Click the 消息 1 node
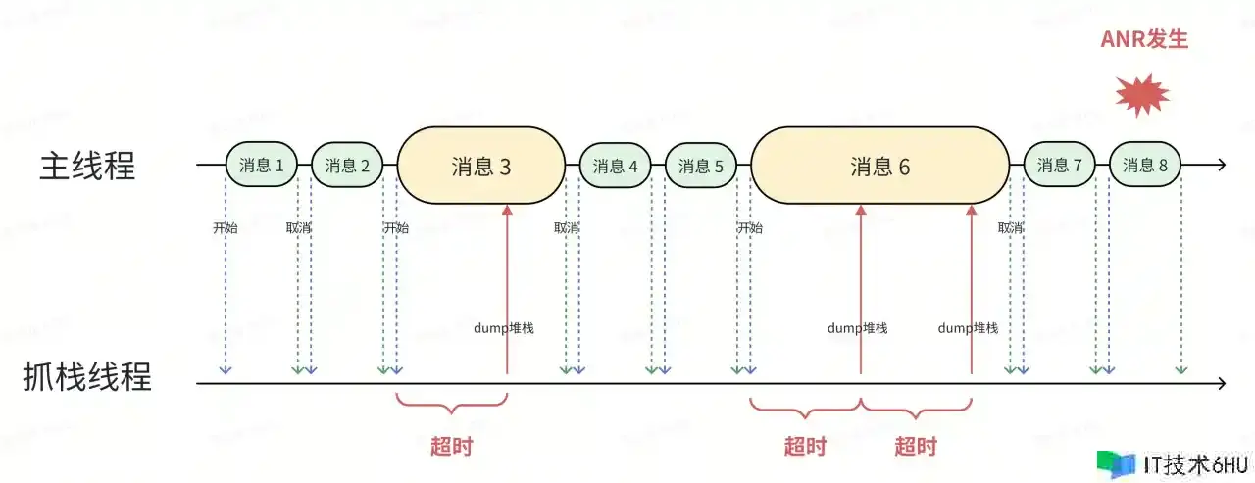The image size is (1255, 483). pyautogui.click(x=262, y=166)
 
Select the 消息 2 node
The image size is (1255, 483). pyautogui.click(x=347, y=166)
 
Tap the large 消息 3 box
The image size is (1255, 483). pyautogui.click(x=481, y=166)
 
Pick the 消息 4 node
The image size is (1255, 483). pyautogui.click(x=616, y=166)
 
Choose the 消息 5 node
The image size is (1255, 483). pyautogui.click(x=701, y=166)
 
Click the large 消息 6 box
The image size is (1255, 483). pyautogui.click(x=880, y=166)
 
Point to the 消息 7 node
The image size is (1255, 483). pyautogui.click(x=1060, y=166)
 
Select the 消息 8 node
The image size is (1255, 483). pyautogui.click(x=1145, y=166)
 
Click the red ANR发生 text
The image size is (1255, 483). pyautogui.click(x=1143, y=40)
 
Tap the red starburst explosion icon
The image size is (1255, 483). pyautogui.click(x=1143, y=94)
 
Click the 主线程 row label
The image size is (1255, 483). pyautogui.click(x=87, y=166)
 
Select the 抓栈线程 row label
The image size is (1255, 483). pyautogui.click(x=87, y=377)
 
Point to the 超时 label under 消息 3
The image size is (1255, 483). pyautogui.click(x=451, y=446)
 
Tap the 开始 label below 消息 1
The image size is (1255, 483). pyautogui.click(x=226, y=228)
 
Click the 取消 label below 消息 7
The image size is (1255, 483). pyautogui.click(x=1011, y=228)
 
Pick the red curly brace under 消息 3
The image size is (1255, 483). pyautogui.click(x=451, y=405)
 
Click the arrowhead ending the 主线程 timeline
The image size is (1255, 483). pyautogui.click(x=1220, y=166)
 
